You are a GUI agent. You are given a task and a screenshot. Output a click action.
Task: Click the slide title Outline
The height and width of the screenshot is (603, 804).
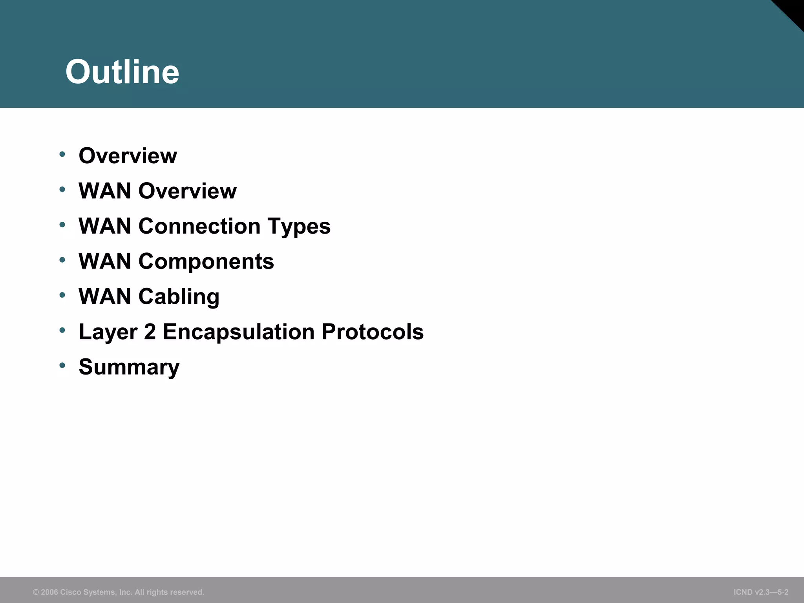122,72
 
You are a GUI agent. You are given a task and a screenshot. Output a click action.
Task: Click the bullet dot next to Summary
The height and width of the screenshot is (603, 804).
62,365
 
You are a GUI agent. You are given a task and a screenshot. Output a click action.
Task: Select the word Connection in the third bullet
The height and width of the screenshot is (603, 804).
199,226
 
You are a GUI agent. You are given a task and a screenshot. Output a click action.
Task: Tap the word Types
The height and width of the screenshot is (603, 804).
299,227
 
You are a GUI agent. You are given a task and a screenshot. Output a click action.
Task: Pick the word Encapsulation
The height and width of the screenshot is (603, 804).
239,332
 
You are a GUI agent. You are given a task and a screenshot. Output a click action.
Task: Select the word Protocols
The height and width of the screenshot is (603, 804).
373,332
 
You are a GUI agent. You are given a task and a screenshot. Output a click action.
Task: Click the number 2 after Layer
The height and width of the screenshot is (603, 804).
150,332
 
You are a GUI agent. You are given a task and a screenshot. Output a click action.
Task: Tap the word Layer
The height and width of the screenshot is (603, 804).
108,332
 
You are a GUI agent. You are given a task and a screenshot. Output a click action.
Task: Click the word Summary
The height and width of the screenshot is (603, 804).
129,367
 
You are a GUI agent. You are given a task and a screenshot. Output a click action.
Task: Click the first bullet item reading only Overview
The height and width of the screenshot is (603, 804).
128,156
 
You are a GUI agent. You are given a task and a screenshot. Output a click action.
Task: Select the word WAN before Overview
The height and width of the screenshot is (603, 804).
105,191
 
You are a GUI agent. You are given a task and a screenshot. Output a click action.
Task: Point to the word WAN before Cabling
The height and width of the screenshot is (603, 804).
105,296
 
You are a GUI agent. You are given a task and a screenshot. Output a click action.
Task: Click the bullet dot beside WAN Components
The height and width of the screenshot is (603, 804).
62,260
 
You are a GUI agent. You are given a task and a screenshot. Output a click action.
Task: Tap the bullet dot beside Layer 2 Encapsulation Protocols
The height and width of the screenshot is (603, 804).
62,330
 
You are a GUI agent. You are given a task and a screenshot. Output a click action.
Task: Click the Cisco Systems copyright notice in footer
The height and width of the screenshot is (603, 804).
119,592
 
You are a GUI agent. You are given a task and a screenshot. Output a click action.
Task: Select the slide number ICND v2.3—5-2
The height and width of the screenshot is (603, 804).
761,592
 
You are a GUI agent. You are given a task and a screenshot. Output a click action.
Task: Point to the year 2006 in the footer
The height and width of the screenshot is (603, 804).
49,592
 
